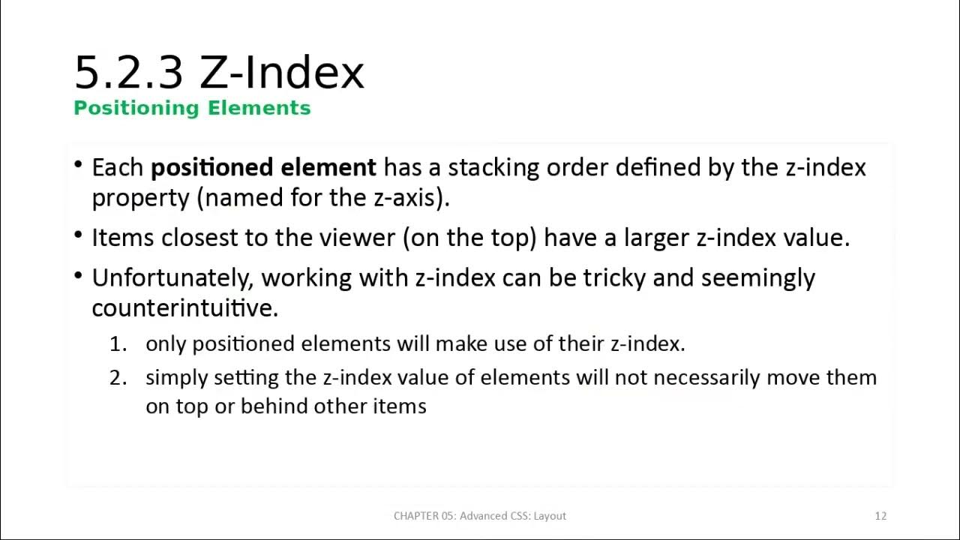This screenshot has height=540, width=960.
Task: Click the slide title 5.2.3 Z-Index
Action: coord(219,73)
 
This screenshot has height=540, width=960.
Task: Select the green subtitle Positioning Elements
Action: coord(192,108)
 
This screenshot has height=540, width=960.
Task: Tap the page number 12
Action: coord(880,516)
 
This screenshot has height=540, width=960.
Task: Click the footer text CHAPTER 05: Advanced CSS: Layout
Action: coord(480,516)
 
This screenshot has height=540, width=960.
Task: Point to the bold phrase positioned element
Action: coord(263,167)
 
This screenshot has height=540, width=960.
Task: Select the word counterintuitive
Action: coord(184,307)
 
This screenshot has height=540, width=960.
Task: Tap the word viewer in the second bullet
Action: coord(357,238)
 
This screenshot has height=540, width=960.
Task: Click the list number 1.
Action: coord(118,344)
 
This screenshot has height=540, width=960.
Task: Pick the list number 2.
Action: coord(118,377)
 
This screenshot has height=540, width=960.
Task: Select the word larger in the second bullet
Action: coord(653,238)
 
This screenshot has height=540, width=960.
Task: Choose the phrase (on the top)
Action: coord(469,238)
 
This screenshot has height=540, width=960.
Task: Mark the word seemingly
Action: coord(757,278)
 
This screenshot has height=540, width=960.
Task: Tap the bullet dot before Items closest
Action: coord(79,235)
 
